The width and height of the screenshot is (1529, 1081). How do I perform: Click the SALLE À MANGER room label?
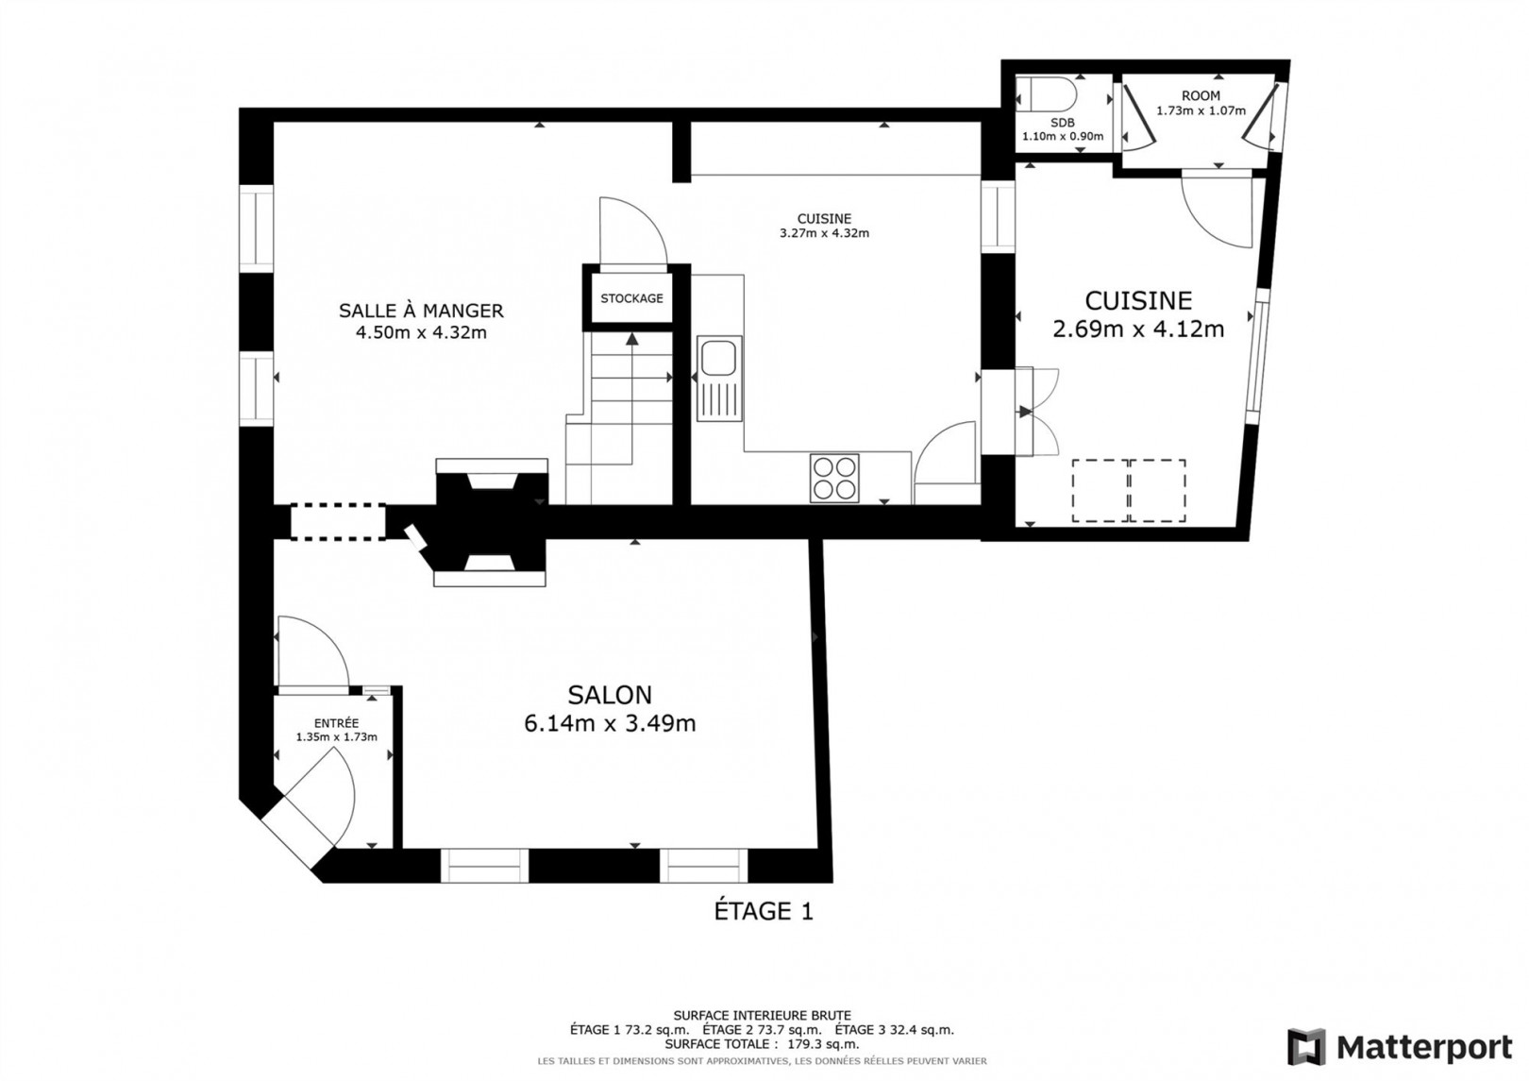421,311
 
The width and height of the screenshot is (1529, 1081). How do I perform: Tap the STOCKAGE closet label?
631,298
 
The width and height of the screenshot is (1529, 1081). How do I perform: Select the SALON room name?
610,695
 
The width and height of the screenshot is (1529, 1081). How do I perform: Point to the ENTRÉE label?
336,723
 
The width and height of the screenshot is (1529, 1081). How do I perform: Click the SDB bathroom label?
1062,123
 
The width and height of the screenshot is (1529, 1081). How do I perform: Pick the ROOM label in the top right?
1201,96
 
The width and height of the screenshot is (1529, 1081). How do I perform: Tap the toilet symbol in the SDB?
1046,94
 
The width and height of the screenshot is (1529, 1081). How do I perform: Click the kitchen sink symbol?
719,379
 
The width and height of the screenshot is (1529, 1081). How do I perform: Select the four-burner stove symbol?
834,478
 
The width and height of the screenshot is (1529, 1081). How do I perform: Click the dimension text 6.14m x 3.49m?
610,723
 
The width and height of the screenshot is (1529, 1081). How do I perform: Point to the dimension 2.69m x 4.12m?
1138,329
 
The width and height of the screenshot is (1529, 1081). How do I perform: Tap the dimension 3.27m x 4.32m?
824,233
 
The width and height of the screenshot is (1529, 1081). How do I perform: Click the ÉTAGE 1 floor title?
764,911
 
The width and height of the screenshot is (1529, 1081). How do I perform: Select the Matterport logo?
1400,1047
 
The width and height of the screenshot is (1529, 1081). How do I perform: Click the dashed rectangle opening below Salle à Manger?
338,522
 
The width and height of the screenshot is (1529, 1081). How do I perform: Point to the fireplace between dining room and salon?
490,522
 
